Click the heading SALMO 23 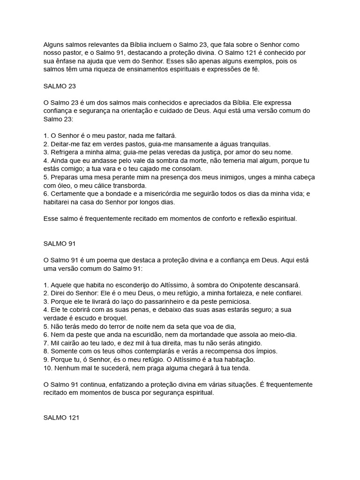pyautogui.click(x=60, y=86)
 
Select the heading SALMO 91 pyautogui.click(x=60, y=244)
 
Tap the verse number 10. pyautogui.click(x=47, y=367)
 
